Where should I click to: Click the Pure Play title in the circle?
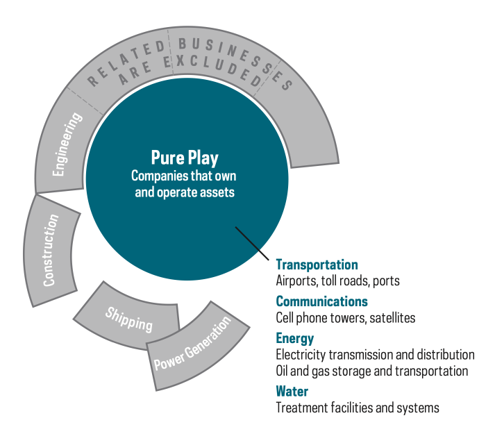(x=185, y=158)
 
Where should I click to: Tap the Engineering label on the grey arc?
(x=67, y=144)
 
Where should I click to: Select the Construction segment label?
(x=51, y=251)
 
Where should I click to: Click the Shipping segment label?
(x=129, y=319)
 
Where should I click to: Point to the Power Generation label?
(x=192, y=343)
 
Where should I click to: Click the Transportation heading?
(x=317, y=265)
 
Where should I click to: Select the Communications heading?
(x=321, y=301)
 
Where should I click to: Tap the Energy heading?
(x=295, y=339)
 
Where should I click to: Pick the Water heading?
(x=292, y=392)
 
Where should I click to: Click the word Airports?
(x=297, y=281)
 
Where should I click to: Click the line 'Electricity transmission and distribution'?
(x=375, y=355)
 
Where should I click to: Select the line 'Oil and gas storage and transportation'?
(x=372, y=371)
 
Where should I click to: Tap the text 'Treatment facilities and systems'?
(x=358, y=408)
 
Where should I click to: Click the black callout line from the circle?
(x=252, y=243)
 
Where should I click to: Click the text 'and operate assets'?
(x=185, y=192)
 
